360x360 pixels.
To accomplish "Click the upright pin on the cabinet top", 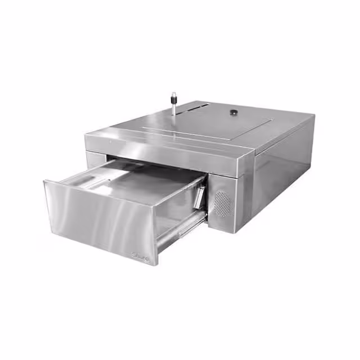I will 174,104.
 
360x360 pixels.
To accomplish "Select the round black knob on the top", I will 232,113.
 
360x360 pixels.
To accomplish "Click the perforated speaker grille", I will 223,204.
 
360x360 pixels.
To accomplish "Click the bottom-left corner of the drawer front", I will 53,231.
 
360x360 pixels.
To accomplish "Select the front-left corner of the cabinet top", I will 85,136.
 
